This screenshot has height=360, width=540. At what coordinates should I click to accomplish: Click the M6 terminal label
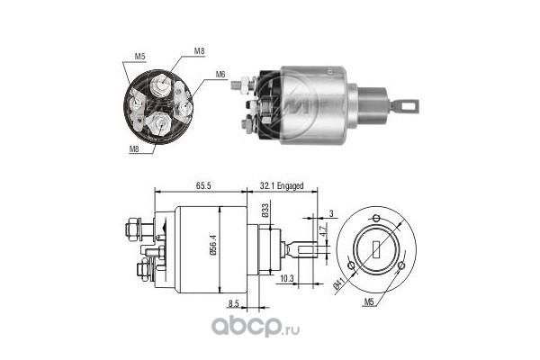pyautogui.click(x=220, y=74)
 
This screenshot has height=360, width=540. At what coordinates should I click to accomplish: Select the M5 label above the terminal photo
pyautogui.click(x=139, y=57)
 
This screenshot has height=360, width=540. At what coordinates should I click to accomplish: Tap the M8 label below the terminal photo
pyautogui.click(x=134, y=149)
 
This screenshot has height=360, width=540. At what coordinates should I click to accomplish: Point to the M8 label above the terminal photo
pyautogui.click(x=200, y=51)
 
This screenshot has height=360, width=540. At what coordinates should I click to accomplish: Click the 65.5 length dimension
pyautogui.click(x=203, y=185)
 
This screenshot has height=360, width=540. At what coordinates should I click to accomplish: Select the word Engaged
pyautogui.click(x=291, y=186)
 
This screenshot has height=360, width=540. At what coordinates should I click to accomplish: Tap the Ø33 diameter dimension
pyautogui.click(x=265, y=211)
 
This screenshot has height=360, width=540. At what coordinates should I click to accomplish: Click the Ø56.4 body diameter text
pyautogui.click(x=212, y=245)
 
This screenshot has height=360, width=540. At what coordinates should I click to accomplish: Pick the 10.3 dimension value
pyautogui.click(x=286, y=278)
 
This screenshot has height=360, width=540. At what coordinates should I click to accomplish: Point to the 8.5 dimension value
pyautogui.click(x=233, y=303)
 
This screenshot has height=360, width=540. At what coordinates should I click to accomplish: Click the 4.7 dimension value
pyautogui.click(x=322, y=230)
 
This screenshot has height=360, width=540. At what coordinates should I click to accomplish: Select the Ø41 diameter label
pyautogui.click(x=339, y=283)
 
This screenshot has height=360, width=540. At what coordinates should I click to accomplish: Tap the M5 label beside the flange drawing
pyautogui.click(x=369, y=302)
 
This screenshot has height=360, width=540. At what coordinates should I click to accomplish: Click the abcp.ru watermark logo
pyautogui.click(x=256, y=326)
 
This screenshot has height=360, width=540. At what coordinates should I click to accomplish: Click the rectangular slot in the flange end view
pyautogui.click(x=376, y=250)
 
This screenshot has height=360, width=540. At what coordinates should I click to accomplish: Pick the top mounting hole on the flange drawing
pyautogui.click(x=376, y=218)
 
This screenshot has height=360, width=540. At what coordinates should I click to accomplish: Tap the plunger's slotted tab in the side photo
pyautogui.click(x=407, y=105)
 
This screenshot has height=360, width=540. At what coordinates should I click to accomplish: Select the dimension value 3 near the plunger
pyautogui.click(x=331, y=213)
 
